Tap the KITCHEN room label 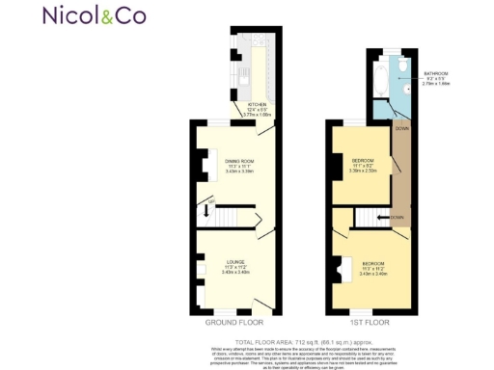pos(257,104)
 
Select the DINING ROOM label pos(238,161)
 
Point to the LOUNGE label pos(235,262)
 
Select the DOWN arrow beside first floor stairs pos(386,218)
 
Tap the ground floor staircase pos(229,218)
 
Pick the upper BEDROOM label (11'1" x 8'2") pos(364,160)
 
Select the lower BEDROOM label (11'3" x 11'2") pos(372,263)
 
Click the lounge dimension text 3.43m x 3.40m pos(235,273)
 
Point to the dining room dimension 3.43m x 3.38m pos(238,172)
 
